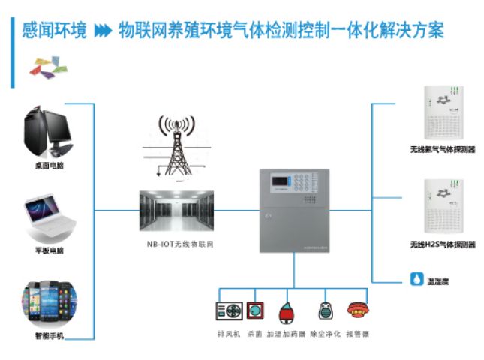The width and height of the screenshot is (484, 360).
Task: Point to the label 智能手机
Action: click(x=50, y=337)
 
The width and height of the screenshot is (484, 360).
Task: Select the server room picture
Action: click(x=176, y=213)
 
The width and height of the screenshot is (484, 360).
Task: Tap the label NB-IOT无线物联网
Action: click(x=176, y=245)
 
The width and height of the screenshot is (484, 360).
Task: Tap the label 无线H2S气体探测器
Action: click(x=441, y=244)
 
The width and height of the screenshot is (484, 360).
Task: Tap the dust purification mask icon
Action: click(x=325, y=310)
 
